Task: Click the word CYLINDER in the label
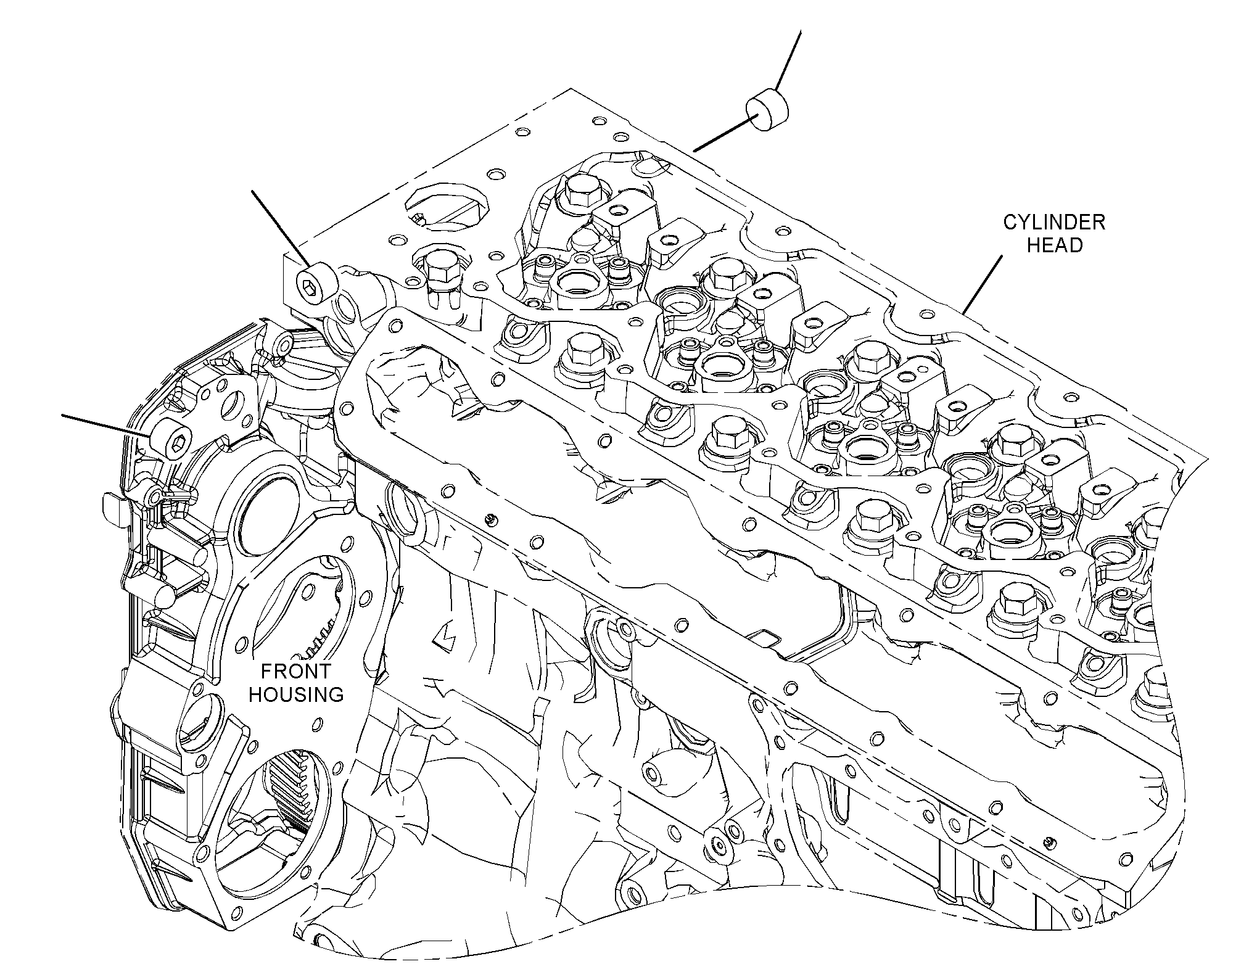coord(1054,222)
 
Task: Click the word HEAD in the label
coord(1055,245)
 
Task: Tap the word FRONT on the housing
coord(296,671)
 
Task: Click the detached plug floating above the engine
coord(769,110)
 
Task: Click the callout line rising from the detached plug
coord(788,61)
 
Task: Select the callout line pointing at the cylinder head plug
coord(280,228)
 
